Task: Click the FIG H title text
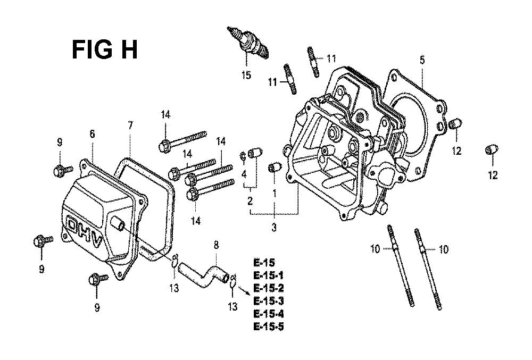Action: pos(104,49)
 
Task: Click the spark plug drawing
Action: pos(248,43)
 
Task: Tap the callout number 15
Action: pos(247,75)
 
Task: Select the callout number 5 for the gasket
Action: pos(422,60)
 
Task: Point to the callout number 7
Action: pos(131,125)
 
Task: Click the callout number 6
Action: pos(92,134)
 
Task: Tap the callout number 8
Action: pos(216,245)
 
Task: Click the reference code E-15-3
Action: pos(268,300)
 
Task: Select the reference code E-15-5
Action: pos(268,326)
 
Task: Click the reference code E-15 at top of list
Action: pos(264,262)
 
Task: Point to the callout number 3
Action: pos(274,228)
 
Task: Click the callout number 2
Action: pos(250,200)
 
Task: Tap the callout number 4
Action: pos(244,175)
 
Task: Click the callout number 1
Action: pos(275,194)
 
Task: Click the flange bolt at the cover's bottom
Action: pos(98,280)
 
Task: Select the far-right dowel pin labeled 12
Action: pos(492,149)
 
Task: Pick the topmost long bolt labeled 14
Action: pos(182,141)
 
